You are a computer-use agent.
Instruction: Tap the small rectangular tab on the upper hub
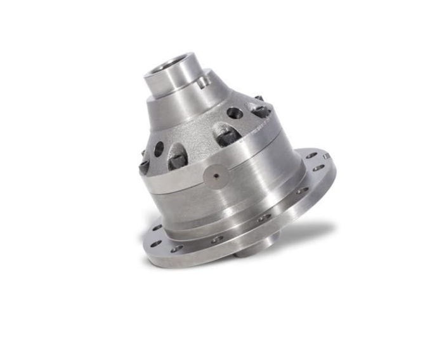202,82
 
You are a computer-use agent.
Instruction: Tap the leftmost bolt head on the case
145,166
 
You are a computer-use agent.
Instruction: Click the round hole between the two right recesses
235,113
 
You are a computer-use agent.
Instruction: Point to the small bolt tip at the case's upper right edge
259,98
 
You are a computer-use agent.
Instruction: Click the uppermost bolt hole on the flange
311,155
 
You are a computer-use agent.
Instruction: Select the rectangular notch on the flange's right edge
326,156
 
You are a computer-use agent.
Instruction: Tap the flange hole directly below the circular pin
218,239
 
